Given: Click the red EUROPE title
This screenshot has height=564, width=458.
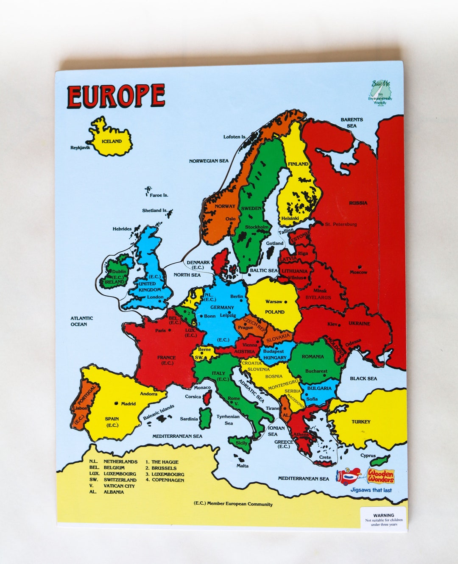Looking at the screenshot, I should (116, 96).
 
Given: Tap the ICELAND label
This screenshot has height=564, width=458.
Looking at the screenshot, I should (112, 142).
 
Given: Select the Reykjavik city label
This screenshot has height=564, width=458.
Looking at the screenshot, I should (80, 148).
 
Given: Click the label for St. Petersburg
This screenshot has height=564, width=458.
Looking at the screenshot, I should (341, 224).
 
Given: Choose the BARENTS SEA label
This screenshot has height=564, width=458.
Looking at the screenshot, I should (352, 122).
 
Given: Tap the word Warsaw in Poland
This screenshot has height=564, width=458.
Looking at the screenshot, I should (274, 302).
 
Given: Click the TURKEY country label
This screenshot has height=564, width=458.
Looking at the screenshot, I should (360, 422).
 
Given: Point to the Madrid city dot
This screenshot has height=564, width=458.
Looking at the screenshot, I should (115, 403).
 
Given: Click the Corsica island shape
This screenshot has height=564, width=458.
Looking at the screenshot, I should (207, 397).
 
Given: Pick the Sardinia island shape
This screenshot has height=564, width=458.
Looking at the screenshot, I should (205, 418).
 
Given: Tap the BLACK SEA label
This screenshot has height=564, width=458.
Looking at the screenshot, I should (363, 378).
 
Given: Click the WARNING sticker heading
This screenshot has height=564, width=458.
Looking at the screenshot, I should (383, 516).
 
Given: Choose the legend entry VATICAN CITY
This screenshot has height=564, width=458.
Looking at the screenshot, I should (119, 486).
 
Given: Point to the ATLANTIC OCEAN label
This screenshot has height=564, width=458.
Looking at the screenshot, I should (81, 321).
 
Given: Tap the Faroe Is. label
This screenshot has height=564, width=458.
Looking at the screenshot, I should (159, 195).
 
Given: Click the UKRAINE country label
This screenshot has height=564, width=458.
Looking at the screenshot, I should (359, 323).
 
